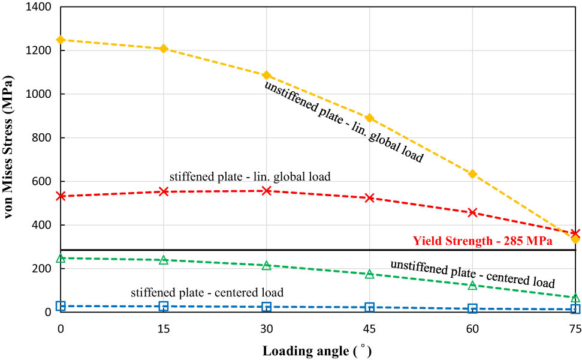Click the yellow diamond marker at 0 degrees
point(61,40)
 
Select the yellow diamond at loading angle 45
point(370,118)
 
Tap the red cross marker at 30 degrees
point(267,191)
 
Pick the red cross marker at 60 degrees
point(472,212)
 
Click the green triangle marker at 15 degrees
point(164,260)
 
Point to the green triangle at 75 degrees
point(575,298)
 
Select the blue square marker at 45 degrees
point(370,307)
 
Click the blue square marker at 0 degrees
point(61,306)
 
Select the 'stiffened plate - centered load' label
point(207,293)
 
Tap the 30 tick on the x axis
point(267,328)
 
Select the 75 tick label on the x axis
point(575,328)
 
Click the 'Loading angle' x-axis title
point(312,349)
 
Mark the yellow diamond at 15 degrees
point(164,49)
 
